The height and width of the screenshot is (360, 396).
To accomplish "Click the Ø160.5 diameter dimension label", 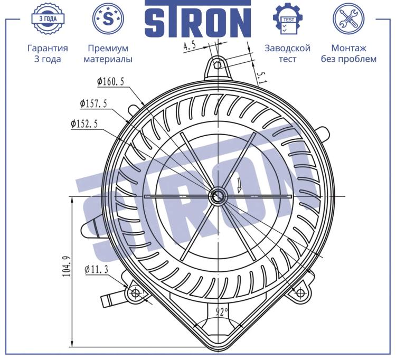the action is coord(111,81).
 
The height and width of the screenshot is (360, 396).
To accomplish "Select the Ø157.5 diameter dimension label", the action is coord(93,104).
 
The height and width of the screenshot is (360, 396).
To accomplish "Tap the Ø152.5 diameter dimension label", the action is coord(84,124).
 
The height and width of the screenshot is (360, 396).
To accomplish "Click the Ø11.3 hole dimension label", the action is coord(97,269).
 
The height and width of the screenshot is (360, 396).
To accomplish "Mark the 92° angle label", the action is coord(222,312).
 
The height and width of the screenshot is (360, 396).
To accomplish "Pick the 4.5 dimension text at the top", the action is coord(190,46).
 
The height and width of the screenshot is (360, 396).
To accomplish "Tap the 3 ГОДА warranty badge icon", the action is coord(48,18).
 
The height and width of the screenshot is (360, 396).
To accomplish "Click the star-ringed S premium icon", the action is coord(108,18).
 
